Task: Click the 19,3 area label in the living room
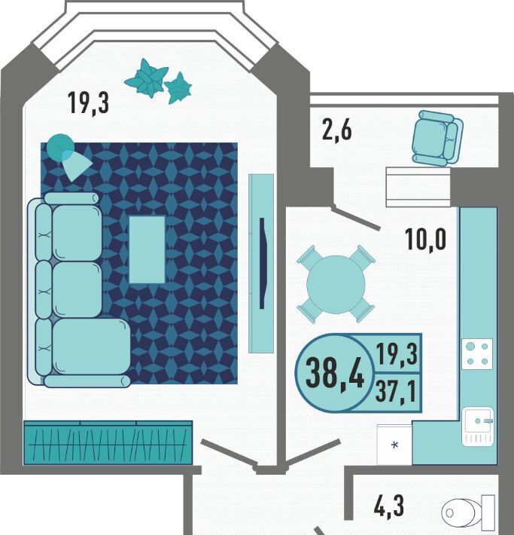click(x=88, y=102)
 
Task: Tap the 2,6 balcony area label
click(x=336, y=130)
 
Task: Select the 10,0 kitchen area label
click(x=425, y=240)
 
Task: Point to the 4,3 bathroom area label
click(x=389, y=506)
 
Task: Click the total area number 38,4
click(x=335, y=373)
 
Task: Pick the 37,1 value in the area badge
click(x=396, y=392)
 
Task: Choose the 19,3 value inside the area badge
click(x=397, y=354)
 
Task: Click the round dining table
click(x=336, y=284)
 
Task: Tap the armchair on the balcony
click(x=437, y=138)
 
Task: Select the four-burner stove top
click(x=477, y=354)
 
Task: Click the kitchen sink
click(x=478, y=426)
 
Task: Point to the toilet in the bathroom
click(x=468, y=512)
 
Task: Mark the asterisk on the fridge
click(x=395, y=445)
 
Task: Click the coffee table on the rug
click(x=147, y=249)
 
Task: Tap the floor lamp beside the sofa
click(x=68, y=156)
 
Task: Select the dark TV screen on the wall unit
click(x=262, y=264)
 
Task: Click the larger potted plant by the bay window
click(x=147, y=78)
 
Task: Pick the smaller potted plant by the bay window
click(x=178, y=87)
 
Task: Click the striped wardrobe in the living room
click(x=108, y=442)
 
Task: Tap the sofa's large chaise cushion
click(x=92, y=347)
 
